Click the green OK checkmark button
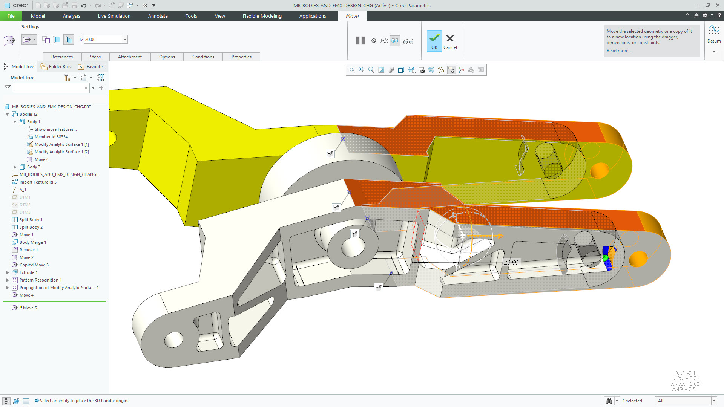tap(434, 40)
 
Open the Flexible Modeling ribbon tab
tap(262, 16)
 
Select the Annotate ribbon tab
tap(158, 16)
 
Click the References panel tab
tap(62, 57)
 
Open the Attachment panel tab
tap(130, 57)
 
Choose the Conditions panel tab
tap(203, 57)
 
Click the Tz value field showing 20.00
tap(103, 40)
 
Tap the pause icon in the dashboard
tap(360, 41)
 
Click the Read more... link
tap(619, 51)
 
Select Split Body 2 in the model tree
tap(31, 227)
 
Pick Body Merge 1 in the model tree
tap(33, 242)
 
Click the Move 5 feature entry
tap(30, 308)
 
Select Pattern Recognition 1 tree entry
tap(40, 280)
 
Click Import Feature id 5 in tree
tap(38, 182)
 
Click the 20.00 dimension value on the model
tap(511, 262)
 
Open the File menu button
tap(11, 16)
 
